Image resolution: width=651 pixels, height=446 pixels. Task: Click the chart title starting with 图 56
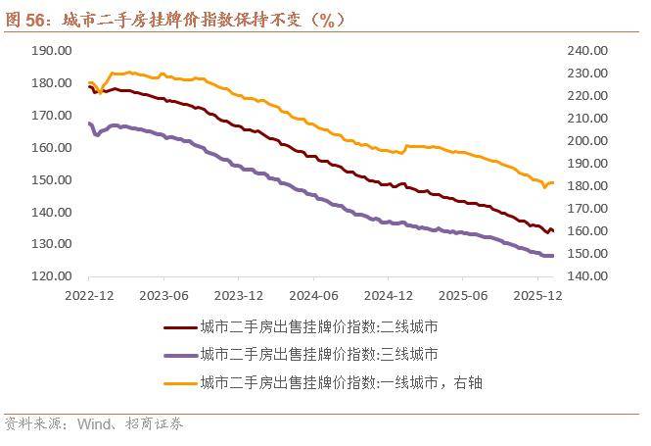[176, 20]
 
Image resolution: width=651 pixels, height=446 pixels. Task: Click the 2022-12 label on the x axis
[91, 295]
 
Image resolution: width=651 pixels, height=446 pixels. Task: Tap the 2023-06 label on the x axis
[164, 295]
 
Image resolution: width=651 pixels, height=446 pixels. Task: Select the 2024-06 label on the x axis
[314, 295]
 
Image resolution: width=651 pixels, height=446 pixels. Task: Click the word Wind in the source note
[94, 424]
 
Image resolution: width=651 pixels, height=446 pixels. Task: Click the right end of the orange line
[553, 183]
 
